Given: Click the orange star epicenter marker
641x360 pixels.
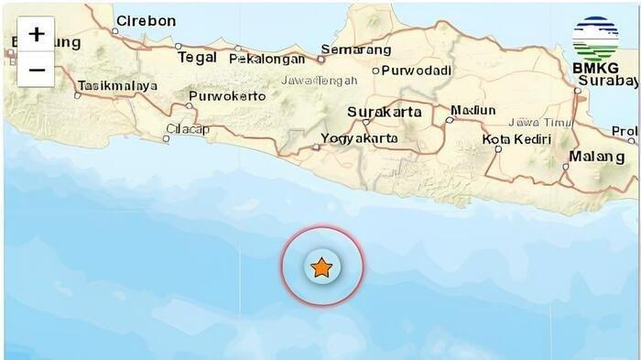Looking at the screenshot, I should coord(321,267).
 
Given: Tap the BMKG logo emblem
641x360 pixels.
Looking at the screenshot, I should coord(595,38).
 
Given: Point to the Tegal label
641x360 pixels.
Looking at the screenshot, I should coord(197,57).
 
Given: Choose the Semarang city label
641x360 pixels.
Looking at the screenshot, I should coord(356,49).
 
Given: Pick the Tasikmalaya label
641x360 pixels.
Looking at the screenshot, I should coord(117,85).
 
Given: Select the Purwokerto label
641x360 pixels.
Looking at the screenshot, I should coord(227,95).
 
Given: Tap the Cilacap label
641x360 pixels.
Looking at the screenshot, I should coord(190,129).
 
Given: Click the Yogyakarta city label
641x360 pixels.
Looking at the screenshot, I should coord(360,138).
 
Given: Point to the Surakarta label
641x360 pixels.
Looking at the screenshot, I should coord(385,112).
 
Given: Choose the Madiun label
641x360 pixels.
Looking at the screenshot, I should coord(474,110).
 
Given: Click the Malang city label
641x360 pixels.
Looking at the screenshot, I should coord(596,157).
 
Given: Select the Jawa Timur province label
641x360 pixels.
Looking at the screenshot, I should coord(538,121).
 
